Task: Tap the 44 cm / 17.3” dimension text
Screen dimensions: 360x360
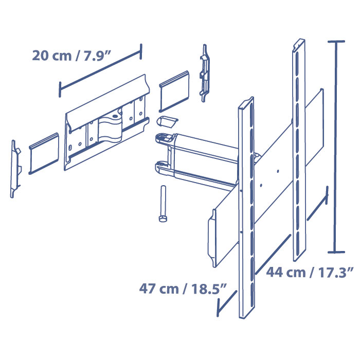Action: pyautogui.click(x=310, y=272)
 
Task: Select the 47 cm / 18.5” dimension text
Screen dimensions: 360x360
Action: pyautogui.click(x=183, y=289)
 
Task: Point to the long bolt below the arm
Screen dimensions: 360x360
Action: pyautogui.click(x=162, y=204)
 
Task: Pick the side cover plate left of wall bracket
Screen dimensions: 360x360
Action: pyautogui.click(x=43, y=152)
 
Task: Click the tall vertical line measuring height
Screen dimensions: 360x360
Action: pyautogui.click(x=336, y=147)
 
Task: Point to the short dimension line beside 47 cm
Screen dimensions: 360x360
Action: pyautogui.click(x=226, y=303)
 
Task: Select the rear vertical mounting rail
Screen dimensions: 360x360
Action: pyautogui.click(x=299, y=149)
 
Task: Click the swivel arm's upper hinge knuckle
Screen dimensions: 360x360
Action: pyautogui.click(x=164, y=138)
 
